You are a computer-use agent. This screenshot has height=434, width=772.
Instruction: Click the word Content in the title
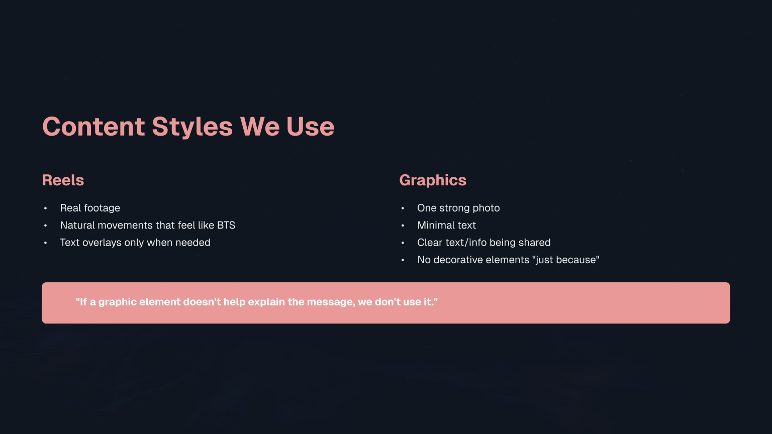tap(94, 127)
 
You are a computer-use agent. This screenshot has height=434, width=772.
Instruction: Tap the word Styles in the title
tap(192, 127)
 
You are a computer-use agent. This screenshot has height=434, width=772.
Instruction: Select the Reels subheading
tap(63, 180)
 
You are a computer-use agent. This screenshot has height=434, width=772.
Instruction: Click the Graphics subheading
tap(433, 180)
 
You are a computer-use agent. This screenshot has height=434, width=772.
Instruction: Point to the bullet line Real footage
tap(90, 208)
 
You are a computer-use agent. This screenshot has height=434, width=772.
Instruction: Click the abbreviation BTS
tap(226, 225)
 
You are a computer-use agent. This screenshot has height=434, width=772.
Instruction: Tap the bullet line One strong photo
tap(458, 208)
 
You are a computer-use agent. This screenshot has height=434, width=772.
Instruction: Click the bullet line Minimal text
tap(446, 225)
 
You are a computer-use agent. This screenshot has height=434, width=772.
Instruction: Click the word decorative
tap(459, 260)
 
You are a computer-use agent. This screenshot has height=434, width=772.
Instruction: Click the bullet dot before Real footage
tap(45, 208)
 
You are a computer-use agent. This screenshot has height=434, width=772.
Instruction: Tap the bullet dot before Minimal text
tap(403, 226)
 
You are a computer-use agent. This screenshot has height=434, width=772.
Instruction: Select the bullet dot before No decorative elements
tap(403, 260)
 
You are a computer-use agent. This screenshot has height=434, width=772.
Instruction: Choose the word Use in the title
tap(310, 127)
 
